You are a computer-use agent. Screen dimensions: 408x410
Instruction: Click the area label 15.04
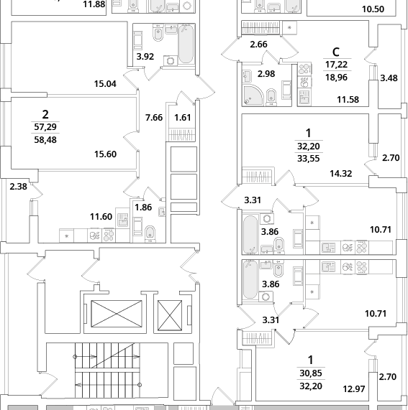click(x=105, y=84)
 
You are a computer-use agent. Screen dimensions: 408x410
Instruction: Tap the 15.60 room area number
click(x=105, y=154)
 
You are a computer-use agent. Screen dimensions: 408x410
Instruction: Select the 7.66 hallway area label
click(x=154, y=118)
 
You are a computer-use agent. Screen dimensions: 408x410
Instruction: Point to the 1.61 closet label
click(x=183, y=118)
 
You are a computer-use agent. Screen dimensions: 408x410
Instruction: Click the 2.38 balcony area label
click(x=18, y=187)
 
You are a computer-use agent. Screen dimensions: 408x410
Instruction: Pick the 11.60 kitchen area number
click(x=101, y=217)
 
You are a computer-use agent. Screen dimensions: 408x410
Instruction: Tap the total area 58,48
click(x=45, y=139)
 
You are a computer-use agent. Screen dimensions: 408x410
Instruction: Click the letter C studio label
click(x=336, y=52)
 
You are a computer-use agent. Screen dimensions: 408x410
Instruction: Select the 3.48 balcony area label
click(x=389, y=78)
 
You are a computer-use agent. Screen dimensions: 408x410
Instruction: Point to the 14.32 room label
click(x=340, y=173)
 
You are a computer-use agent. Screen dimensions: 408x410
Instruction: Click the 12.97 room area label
click(x=354, y=389)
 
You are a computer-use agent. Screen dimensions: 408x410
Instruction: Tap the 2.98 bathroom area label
click(x=266, y=74)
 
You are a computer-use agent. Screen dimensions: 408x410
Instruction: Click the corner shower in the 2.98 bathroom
click(x=253, y=95)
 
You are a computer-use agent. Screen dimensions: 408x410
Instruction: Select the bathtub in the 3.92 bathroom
click(x=186, y=44)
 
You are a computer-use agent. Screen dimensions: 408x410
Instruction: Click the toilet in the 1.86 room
click(x=150, y=234)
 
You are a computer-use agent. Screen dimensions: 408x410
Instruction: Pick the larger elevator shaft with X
click(x=117, y=314)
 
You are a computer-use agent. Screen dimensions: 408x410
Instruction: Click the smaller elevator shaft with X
click(x=170, y=315)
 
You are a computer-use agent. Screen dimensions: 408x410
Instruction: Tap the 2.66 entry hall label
click(x=258, y=45)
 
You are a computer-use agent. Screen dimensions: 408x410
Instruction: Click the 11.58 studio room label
click(x=348, y=99)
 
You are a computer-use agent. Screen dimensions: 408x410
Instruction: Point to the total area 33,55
click(x=309, y=159)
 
